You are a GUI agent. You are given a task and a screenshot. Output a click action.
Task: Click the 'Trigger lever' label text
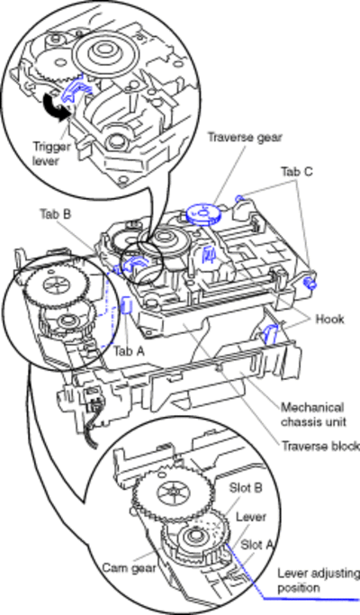[x=51, y=153]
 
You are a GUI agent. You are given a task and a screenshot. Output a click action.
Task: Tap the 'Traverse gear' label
[x=245, y=137]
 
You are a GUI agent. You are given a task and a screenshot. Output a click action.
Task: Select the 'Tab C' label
[x=296, y=171]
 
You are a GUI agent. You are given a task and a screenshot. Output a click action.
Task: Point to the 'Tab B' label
[x=55, y=214]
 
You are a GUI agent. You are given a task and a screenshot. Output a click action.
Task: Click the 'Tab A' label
[x=129, y=351]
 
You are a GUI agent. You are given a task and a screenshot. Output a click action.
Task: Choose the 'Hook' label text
[x=329, y=319]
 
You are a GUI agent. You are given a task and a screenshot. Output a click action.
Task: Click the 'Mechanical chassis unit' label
[x=313, y=414]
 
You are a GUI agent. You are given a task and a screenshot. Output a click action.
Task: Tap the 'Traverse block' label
[x=320, y=447]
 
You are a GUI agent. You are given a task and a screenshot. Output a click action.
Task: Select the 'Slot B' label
[x=246, y=488]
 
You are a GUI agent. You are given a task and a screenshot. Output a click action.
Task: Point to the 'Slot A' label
[x=256, y=545]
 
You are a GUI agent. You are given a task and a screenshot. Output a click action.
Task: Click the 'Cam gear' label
[x=129, y=567]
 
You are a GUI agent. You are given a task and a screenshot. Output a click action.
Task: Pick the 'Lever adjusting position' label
[x=319, y=581]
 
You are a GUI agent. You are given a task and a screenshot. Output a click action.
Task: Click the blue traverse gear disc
[x=203, y=214]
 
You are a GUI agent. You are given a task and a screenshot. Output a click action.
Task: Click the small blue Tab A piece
[x=126, y=305]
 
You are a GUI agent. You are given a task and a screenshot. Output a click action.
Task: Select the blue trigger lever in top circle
[x=75, y=90]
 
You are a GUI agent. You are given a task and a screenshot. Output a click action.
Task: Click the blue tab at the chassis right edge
[x=310, y=282]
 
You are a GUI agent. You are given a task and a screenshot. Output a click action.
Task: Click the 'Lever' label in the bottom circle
[x=251, y=517]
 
